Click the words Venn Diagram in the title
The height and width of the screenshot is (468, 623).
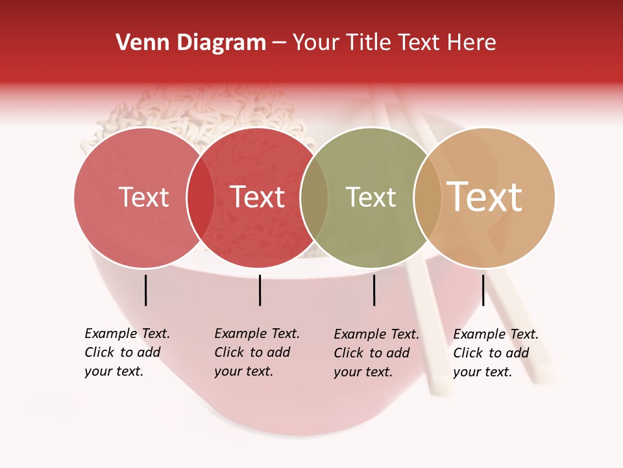[191, 43]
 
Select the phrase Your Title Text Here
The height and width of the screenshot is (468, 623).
[394, 43]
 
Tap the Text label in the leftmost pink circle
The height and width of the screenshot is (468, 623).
[143, 197]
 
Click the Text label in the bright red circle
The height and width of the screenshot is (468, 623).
[257, 197]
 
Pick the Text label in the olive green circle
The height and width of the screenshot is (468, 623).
[371, 197]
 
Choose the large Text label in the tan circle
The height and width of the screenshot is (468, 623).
[484, 196]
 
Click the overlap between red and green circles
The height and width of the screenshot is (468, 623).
[313, 198]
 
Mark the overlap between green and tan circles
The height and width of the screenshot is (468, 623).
[427, 198]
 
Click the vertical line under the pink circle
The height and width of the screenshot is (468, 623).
[145, 290]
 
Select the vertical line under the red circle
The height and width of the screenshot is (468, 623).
[260, 290]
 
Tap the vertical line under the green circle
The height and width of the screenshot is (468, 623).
[374, 290]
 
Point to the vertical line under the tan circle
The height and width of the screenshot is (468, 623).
[483, 290]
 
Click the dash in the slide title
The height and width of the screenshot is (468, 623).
[279, 43]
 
